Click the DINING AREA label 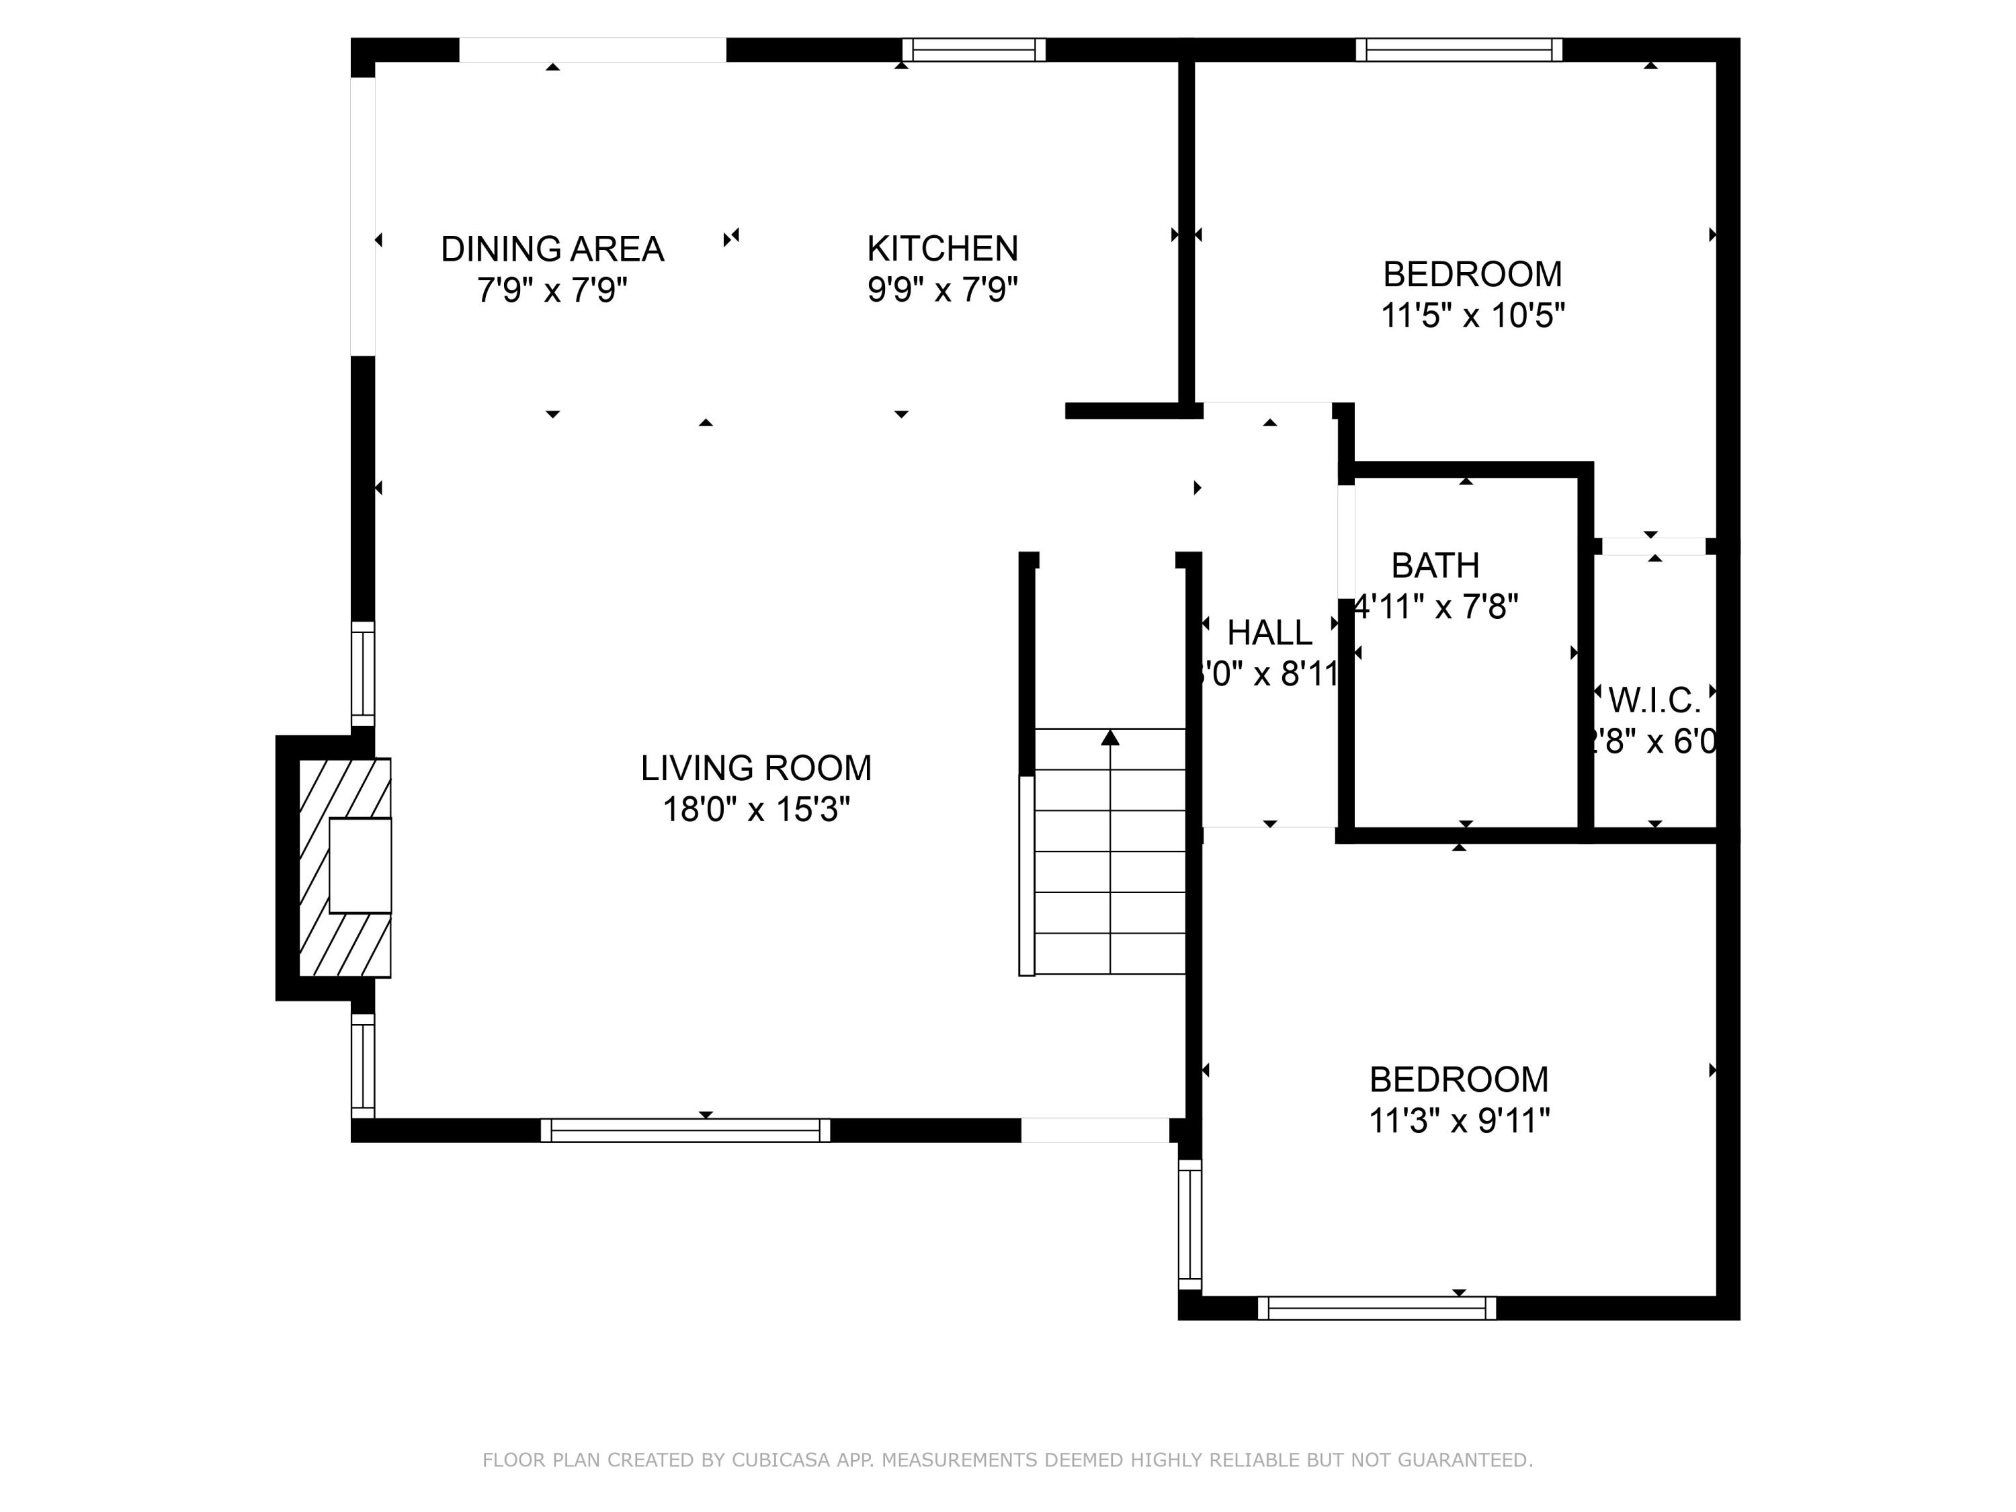(552, 249)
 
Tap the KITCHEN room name (941, 248)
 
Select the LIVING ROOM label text (755, 767)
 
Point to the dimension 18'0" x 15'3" (755, 809)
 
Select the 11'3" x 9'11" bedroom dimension (1458, 1120)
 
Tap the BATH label (1435, 566)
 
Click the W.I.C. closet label (1654, 701)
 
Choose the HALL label (1269, 632)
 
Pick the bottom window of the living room (685, 1130)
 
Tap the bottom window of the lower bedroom (1376, 1308)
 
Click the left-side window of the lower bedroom (1189, 1224)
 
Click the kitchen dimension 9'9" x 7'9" (941, 290)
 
